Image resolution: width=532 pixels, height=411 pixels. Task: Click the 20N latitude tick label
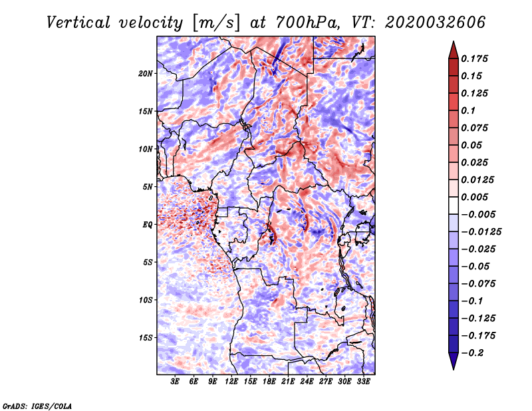pos(146,73)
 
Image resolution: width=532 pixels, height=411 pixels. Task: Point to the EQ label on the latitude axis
pos(147,225)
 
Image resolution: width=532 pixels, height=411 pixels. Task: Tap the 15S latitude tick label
pos(146,338)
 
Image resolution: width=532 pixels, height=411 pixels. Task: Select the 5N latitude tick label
pos(148,187)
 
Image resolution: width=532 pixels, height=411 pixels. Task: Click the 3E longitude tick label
pos(176,382)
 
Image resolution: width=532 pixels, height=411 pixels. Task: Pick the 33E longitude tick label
pos(363,382)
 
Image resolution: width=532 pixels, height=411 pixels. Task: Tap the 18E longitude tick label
pos(269,382)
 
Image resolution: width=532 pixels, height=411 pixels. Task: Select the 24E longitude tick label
pos(307,382)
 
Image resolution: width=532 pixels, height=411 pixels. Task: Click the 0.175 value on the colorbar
pos(475,59)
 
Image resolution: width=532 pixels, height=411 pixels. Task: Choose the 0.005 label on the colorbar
pos(475,197)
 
